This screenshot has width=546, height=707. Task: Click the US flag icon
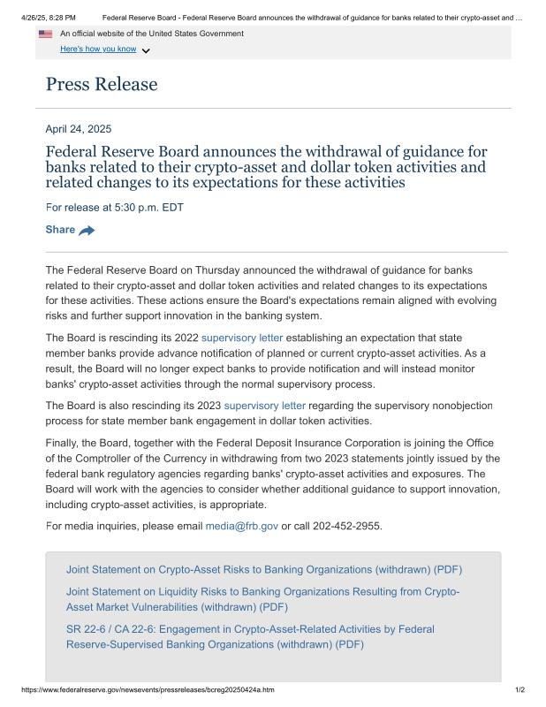(45, 34)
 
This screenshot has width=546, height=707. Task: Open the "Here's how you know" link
(98, 49)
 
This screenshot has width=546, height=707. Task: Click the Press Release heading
(102, 84)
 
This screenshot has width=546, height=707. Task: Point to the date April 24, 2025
(79, 128)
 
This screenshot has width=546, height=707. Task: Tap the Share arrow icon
(87, 231)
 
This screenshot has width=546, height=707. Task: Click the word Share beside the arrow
(60, 230)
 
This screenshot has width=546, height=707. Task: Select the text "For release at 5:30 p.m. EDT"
(114, 208)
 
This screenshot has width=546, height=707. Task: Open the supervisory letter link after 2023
(265, 406)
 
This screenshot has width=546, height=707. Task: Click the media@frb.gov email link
(241, 526)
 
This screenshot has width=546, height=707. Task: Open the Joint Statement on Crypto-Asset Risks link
(264, 569)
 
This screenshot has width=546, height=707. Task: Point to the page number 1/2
(519, 689)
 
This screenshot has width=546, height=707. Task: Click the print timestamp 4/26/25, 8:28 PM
(48, 17)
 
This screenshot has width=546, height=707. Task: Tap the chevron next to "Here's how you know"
(146, 50)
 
